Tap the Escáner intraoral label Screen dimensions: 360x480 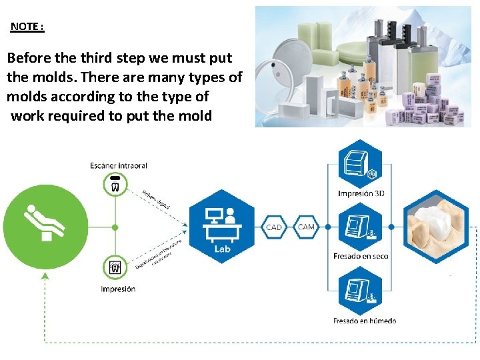[x=119, y=165]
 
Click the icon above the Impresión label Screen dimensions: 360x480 [x=115, y=268]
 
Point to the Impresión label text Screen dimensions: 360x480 [x=118, y=289]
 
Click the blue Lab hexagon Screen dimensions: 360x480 [x=222, y=227]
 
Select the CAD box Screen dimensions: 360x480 [x=274, y=227]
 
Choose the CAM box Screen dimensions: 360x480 [x=306, y=227]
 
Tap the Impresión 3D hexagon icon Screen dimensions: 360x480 [x=361, y=164]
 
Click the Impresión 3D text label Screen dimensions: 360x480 [x=361, y=194]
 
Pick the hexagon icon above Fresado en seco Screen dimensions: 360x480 [x=361, y=227]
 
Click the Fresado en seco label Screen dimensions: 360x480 [x=361, y=256]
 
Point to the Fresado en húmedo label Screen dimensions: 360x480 [x=364, y=321]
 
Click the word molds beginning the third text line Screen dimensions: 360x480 [x=27, y=97]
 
